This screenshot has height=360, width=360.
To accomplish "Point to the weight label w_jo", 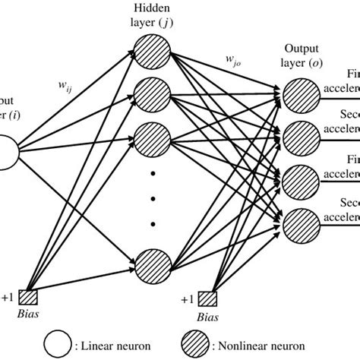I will [234, 58].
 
